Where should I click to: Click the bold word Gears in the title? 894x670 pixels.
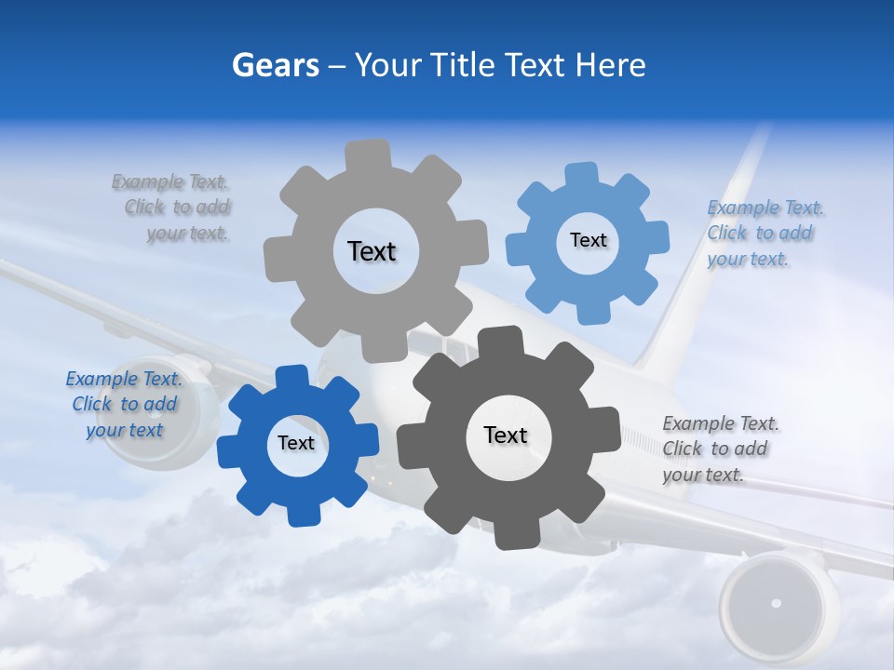(275, 65)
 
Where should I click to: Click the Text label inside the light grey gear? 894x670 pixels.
(372, 251)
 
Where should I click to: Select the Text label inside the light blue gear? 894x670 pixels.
(588, 240)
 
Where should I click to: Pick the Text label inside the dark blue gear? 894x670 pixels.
(296, 443)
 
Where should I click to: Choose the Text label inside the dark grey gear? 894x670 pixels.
(506, 435)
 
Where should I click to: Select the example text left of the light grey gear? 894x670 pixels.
(172, 208)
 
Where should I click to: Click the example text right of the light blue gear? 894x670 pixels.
(764, 233)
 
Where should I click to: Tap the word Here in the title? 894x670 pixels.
(612, 65)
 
